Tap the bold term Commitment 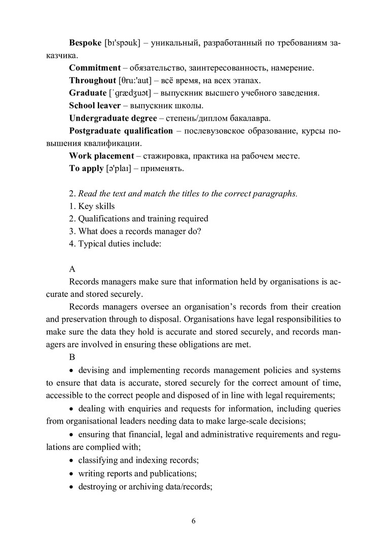[x=94, y=67]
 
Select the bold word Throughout [x=92, y=80]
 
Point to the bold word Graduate [x=88, y=93]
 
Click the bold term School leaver [x=95, y=106]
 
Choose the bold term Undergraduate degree [x=113, y=118]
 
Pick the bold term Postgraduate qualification [x=121, y=131]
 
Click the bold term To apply [x=86, y=168]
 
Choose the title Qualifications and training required [x=138, y=219]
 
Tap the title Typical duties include [x=115, y=244]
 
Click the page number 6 [x=193, y=521]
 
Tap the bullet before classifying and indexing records [x=72, y=461]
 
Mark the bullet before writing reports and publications [x=72, y=473]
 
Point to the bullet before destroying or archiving [x=72, y=486]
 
